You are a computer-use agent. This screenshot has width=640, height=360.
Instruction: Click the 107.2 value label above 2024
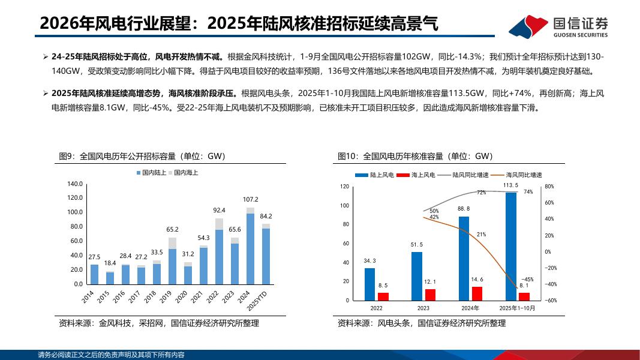click(250, 199)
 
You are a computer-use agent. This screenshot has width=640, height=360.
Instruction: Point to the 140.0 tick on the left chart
click(74, 184)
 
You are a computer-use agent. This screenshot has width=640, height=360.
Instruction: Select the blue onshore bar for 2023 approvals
click(416, 276)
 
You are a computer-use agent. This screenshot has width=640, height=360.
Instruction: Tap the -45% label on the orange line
click(527, 280)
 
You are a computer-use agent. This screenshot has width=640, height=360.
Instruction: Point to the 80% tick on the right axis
click(549, 187)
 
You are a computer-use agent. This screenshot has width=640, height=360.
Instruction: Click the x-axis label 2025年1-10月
click(517, 308)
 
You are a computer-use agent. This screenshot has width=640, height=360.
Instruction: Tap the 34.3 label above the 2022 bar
click(369, 261)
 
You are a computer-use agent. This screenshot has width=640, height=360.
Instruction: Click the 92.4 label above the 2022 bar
click(219, 211)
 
